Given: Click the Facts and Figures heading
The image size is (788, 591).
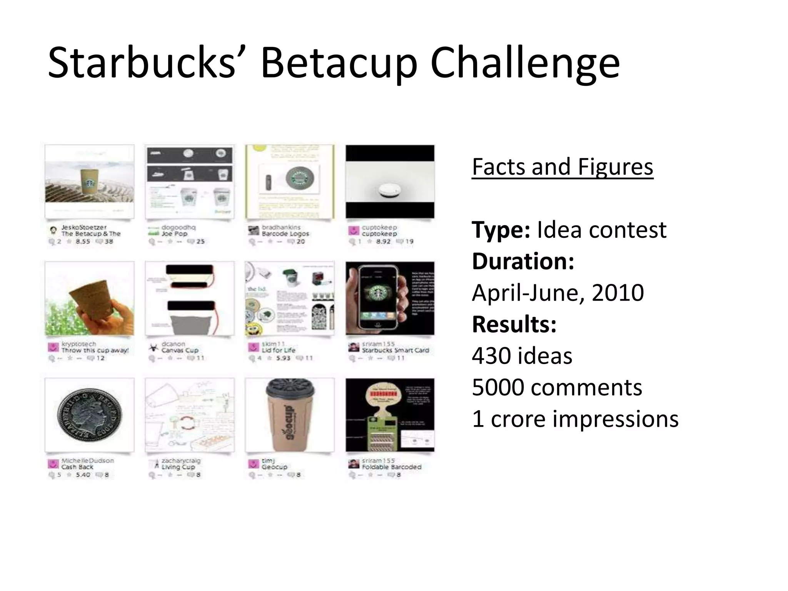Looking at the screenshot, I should (x=562, y=167).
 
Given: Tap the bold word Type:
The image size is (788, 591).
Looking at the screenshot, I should (x=501, y=230).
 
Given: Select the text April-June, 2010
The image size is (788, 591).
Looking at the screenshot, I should (x=558, y=293).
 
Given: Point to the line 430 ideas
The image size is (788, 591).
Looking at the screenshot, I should (x=522, y=356).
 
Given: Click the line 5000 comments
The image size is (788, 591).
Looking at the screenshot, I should (x=557, y=387).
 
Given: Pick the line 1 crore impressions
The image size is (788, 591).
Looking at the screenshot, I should (x=575, y=419).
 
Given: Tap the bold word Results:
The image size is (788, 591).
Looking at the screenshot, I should (x=514, y=324).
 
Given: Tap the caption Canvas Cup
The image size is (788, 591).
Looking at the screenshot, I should (x=180, y=351).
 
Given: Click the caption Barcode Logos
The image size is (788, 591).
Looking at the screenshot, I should (x=285, y=234).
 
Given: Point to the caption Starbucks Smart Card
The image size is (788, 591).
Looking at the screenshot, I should (x=395, y=351).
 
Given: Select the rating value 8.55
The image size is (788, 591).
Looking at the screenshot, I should (x=83, y=242).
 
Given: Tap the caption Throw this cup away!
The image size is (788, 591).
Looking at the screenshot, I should (x=95, y=351).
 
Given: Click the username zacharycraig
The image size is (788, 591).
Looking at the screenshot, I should (x=181, y=461).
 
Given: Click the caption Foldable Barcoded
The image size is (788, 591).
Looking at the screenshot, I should (x=391, y=467).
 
